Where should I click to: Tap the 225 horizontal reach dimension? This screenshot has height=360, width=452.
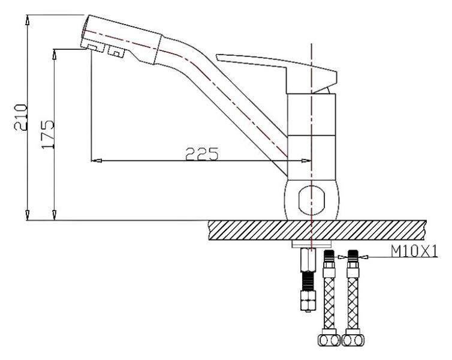point(201,154)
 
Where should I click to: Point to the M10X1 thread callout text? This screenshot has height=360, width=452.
point(414,251)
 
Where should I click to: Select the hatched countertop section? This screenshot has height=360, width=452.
point(318,229)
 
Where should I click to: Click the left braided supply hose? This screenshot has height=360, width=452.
point(329,294)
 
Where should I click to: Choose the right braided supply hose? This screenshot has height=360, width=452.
point(353,294)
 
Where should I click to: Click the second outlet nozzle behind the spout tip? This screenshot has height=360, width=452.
point(116,52)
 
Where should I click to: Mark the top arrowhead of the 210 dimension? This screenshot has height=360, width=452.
point(28,18)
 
